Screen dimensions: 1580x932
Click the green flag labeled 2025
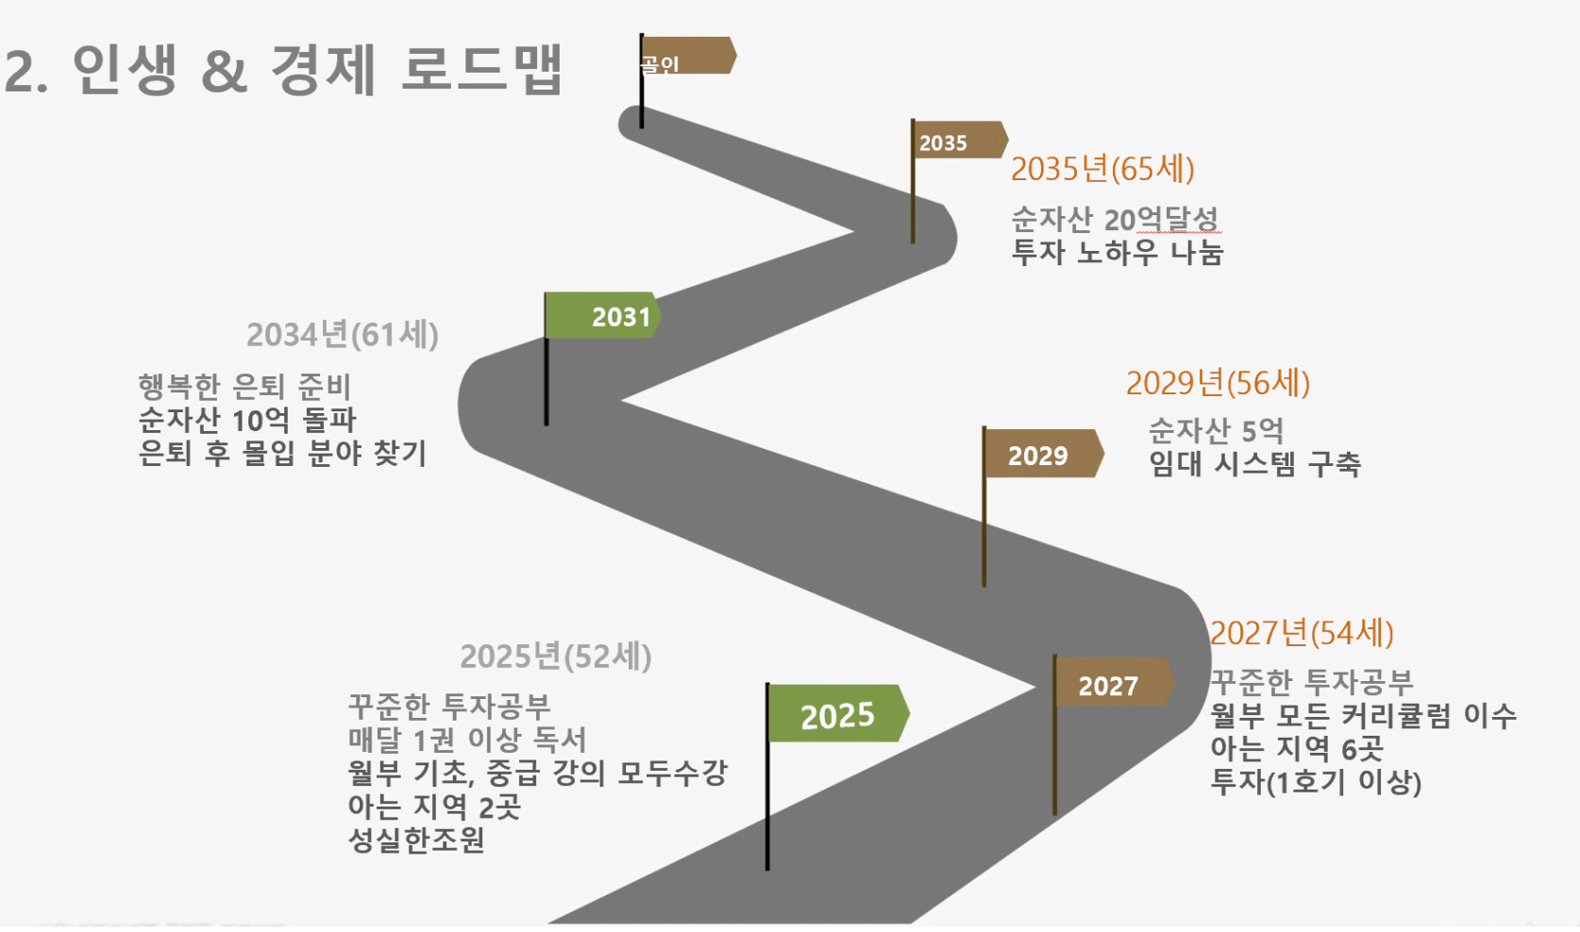(x=837, y=713)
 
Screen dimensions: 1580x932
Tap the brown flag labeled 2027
(x=1114, y=682)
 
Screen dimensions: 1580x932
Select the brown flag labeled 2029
(x=1043, y=454)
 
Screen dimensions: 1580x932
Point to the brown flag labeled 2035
(x=960, y=140)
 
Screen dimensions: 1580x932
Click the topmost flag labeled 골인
(x=688, y=55)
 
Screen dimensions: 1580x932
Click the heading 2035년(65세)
(x=1102, y=169)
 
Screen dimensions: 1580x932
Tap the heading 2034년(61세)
(x=342, y=334)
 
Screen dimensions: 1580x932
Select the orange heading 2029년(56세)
(x=1218, y=383)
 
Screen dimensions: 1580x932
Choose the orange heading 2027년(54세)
(x=1302, y=632)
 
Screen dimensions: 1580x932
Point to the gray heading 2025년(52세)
(x=556, y=657)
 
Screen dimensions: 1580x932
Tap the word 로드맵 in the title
(x=481, y=68)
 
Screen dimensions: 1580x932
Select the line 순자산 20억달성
(x=1115, y=220)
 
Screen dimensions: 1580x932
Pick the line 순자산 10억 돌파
(x=247, y=420)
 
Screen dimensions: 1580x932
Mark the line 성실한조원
(x=416, y=840)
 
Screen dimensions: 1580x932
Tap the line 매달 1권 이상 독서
(x=467, y=740)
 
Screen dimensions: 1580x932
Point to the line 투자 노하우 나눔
(x=1118, y=253)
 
